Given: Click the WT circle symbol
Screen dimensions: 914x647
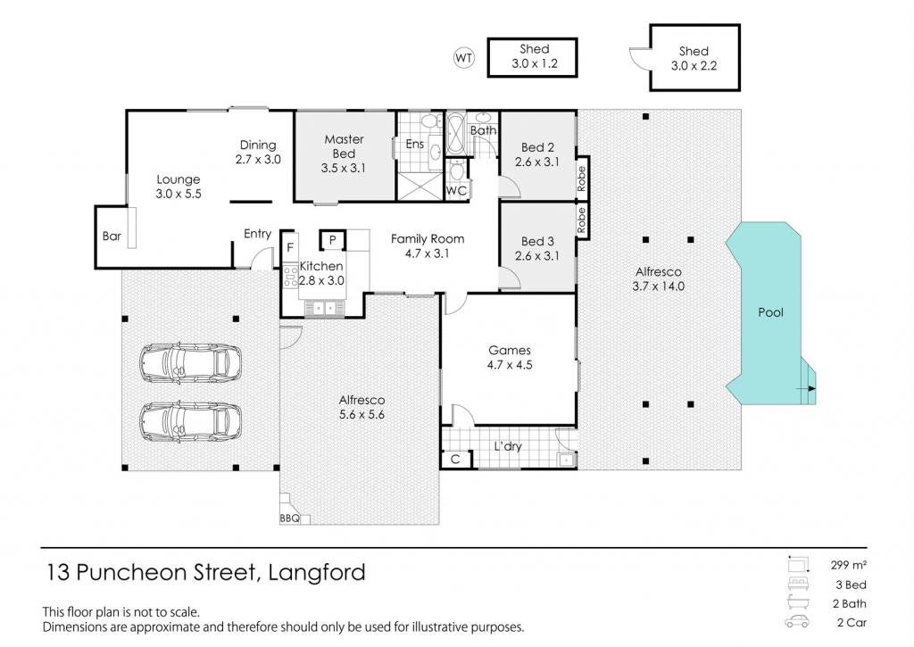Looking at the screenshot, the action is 464,58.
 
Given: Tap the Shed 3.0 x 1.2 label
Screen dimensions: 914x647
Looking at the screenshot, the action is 535,56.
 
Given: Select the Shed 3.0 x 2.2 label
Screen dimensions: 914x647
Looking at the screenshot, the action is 694,58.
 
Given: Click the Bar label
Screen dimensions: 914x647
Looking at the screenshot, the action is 112,236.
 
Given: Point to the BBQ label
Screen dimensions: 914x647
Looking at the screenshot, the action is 289,518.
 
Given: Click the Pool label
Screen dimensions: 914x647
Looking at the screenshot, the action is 770,312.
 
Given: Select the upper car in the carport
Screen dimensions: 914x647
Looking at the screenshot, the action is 191,363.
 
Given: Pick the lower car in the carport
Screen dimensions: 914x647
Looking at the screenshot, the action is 191,421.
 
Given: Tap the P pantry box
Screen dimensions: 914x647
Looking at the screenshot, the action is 332,239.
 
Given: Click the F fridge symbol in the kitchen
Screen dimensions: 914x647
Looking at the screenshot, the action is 290,248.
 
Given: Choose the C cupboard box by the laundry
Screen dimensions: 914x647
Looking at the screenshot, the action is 456,460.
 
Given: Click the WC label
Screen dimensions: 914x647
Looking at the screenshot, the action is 456,191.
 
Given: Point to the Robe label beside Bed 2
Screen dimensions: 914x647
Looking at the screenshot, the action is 581,179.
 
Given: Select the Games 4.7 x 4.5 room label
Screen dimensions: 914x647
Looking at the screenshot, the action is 510,357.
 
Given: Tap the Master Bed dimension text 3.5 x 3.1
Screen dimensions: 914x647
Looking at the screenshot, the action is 344,169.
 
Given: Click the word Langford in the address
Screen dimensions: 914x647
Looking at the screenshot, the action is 317,572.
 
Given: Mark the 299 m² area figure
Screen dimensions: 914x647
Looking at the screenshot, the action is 849,565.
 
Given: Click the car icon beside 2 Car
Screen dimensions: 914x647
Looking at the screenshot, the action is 797,622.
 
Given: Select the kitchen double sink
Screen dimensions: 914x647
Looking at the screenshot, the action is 324,307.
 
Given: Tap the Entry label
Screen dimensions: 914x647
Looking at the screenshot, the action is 257,234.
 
